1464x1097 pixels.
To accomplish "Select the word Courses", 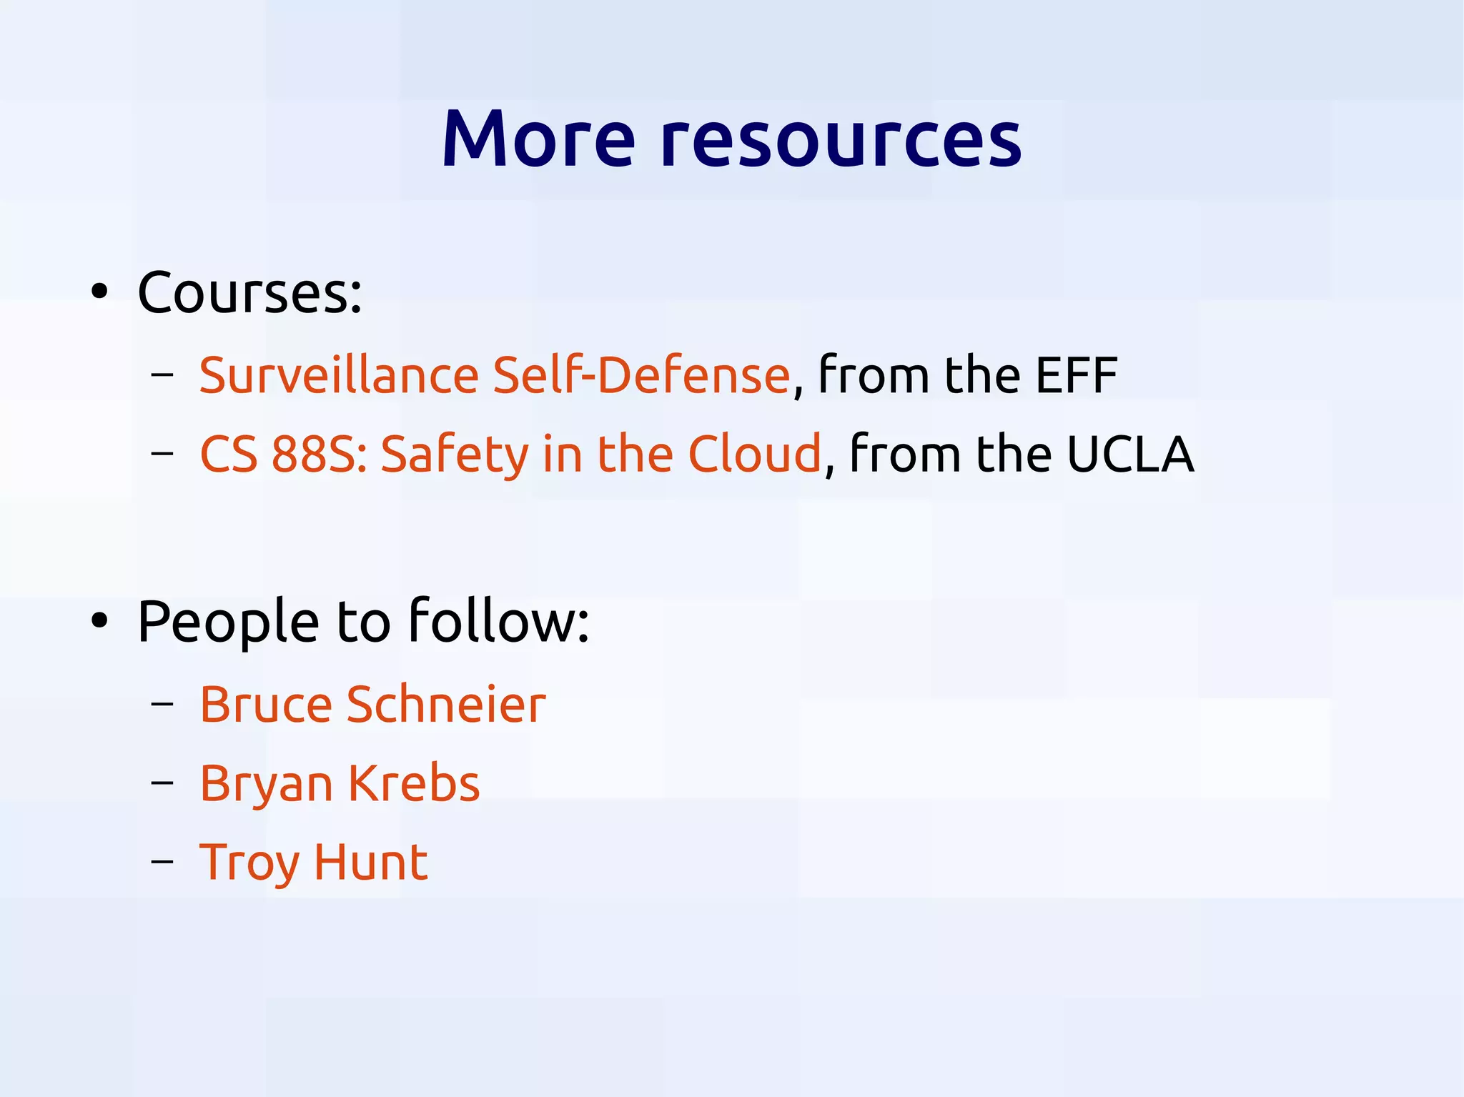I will [249, 293].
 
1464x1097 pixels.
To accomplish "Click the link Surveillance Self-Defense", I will [494, 375].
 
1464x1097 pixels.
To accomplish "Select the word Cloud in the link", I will [754, 455].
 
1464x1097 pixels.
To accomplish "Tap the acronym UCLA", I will [1129, 455].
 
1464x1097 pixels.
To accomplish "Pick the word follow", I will [498, 620].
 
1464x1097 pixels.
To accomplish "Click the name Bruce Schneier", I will [372, 705].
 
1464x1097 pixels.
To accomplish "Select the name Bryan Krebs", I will [340, 783].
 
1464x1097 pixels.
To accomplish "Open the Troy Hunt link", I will [313, 863].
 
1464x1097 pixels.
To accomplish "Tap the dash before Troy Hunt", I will [162, 863].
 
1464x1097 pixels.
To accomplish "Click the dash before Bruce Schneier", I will [162, 705].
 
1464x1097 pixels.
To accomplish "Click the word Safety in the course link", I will [454, 455].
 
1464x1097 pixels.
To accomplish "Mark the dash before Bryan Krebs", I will [162, 783].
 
